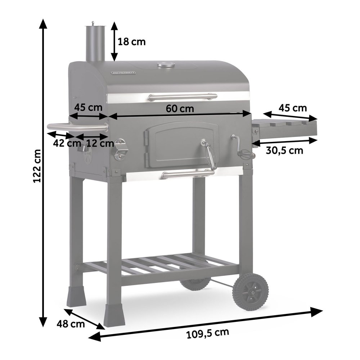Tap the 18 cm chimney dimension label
(132, 42)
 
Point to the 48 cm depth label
(71, 324)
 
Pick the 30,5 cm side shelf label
(284, 150)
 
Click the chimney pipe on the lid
(94, 43)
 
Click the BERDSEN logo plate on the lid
(124, 72)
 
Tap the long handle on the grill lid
(183, 96)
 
